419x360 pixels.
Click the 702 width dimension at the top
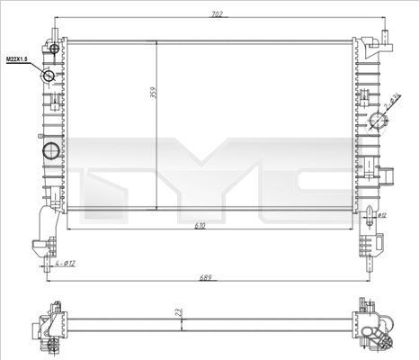click(x=217, y=15)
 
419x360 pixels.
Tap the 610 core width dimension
click(x=208, y=227)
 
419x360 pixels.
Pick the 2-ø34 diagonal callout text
click(x=394, y=102)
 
